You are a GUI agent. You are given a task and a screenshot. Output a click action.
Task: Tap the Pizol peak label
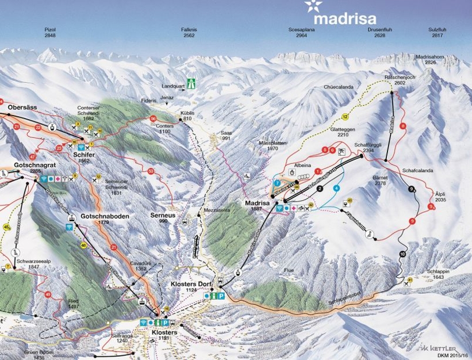pyautogui.click(x=50, y=32)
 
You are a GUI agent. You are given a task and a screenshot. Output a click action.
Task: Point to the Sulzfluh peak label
pyautogui.click(x=438, y=32)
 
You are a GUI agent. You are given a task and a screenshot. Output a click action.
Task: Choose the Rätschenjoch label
pyautogui.click(x=396, y=80)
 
